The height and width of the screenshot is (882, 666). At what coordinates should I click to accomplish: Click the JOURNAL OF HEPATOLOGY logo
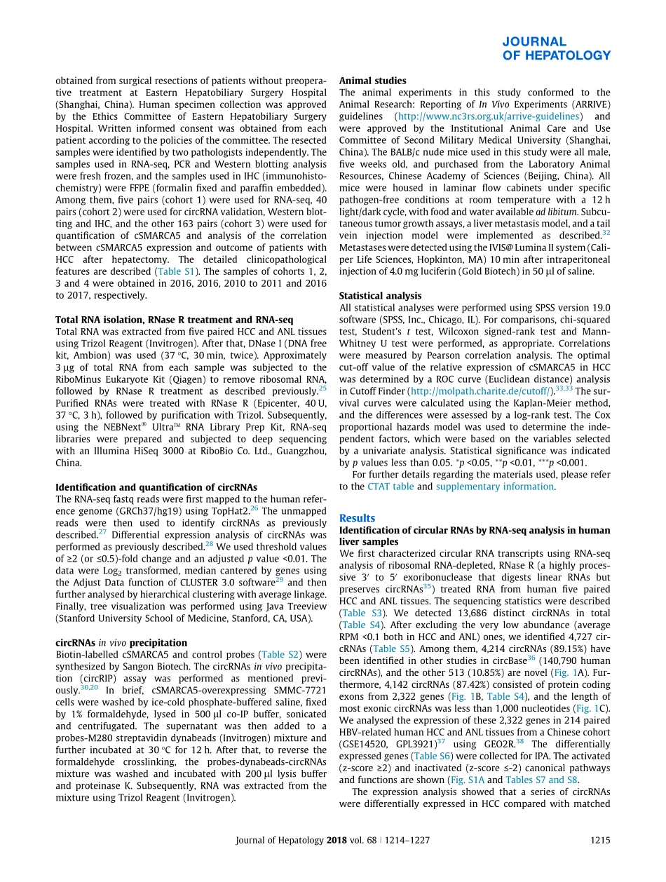point(556,48)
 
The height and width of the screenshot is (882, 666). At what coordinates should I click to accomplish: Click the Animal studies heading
point(372,81)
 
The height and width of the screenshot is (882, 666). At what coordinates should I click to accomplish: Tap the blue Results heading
point(357,517)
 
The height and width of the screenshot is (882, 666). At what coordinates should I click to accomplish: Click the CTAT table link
point(396,486)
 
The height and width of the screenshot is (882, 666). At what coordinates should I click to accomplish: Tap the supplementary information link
point(495,486)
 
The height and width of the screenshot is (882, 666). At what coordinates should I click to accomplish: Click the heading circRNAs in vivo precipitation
point(121,642)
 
